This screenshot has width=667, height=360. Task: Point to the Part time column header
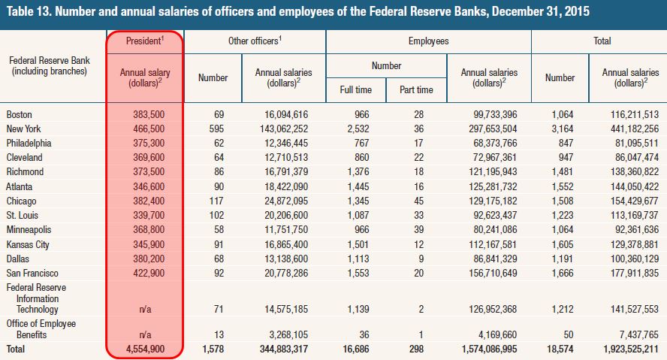coord(415,89)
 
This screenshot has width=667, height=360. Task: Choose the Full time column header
coord(355,89)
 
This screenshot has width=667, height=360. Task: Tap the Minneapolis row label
coord(29,229)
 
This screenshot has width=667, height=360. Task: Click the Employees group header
coord(428,41)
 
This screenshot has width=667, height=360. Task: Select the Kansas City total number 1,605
coord(560,244)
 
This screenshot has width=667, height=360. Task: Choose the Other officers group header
coord(254,41)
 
